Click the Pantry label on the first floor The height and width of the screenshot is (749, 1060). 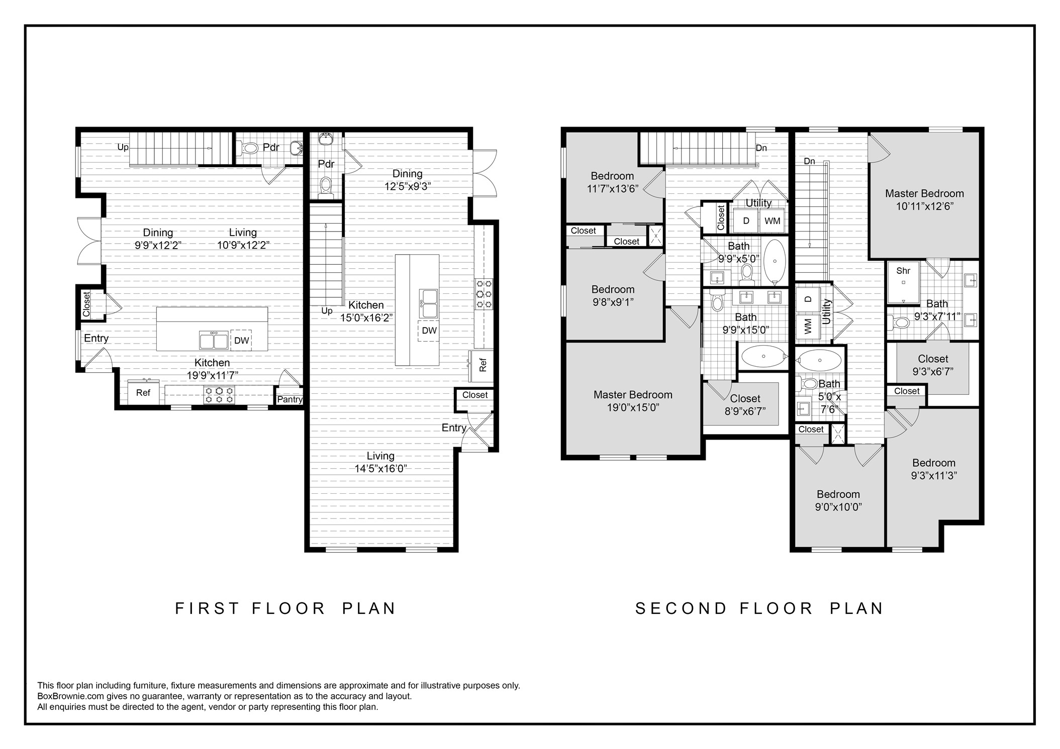point(290,399)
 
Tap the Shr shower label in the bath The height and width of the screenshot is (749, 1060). point(903,271)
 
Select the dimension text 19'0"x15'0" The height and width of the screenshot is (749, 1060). point(633,407)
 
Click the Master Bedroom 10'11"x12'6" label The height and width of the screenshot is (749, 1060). point(924,199)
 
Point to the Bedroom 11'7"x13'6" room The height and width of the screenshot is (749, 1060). point(612,182)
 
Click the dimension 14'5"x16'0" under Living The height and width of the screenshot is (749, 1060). point(380,469)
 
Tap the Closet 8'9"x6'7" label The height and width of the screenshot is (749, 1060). point(745,404)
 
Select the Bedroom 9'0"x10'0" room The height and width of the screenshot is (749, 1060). point(838,500)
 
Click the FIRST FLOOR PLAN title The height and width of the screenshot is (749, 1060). point(285,608)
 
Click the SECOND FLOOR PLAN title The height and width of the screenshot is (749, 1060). point(759,608)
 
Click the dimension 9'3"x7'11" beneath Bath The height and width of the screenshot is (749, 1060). point(937,316)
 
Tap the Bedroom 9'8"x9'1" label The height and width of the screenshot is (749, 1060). point(613,295)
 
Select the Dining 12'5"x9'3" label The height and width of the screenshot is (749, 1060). point(407,179)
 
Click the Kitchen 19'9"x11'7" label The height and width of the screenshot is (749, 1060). point(212,369)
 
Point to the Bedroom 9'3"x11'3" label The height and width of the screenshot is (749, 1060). point(933,469)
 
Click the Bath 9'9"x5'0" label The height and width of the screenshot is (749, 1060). point(738,252)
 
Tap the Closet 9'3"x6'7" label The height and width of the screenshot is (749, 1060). point(933,365)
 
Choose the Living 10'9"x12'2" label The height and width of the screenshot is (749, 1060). point(243,239)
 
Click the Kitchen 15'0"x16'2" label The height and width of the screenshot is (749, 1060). point(366,311)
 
